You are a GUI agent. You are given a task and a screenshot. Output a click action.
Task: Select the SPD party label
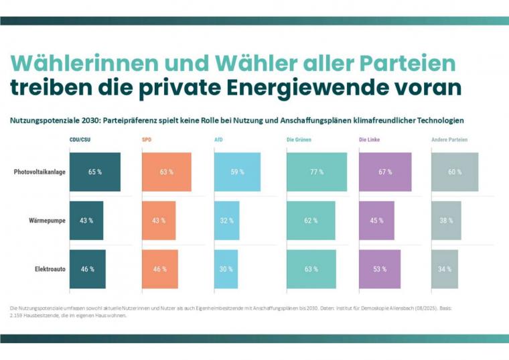click(147, 139)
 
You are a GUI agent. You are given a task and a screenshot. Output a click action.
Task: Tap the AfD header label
click(219, 139)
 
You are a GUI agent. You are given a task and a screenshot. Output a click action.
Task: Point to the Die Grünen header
click(299, 139)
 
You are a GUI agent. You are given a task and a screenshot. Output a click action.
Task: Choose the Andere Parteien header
click(449, 139)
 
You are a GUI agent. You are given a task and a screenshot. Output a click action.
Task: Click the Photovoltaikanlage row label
click(40, 172)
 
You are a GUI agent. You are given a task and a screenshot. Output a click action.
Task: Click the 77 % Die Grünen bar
click(317, 172)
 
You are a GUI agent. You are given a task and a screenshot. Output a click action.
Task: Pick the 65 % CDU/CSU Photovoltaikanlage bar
click(95, 172)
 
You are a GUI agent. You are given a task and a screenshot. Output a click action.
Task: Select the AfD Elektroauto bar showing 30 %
click(226, 269)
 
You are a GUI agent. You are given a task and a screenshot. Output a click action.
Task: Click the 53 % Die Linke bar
click(379, 269)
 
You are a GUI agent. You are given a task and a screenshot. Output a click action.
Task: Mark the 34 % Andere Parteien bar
click(445, 269)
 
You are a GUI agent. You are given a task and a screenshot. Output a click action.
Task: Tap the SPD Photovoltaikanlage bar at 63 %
click(167, 172)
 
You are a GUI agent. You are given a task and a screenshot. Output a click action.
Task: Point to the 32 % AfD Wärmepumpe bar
click(226, 221)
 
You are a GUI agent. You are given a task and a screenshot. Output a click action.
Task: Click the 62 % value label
click(310, 221)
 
